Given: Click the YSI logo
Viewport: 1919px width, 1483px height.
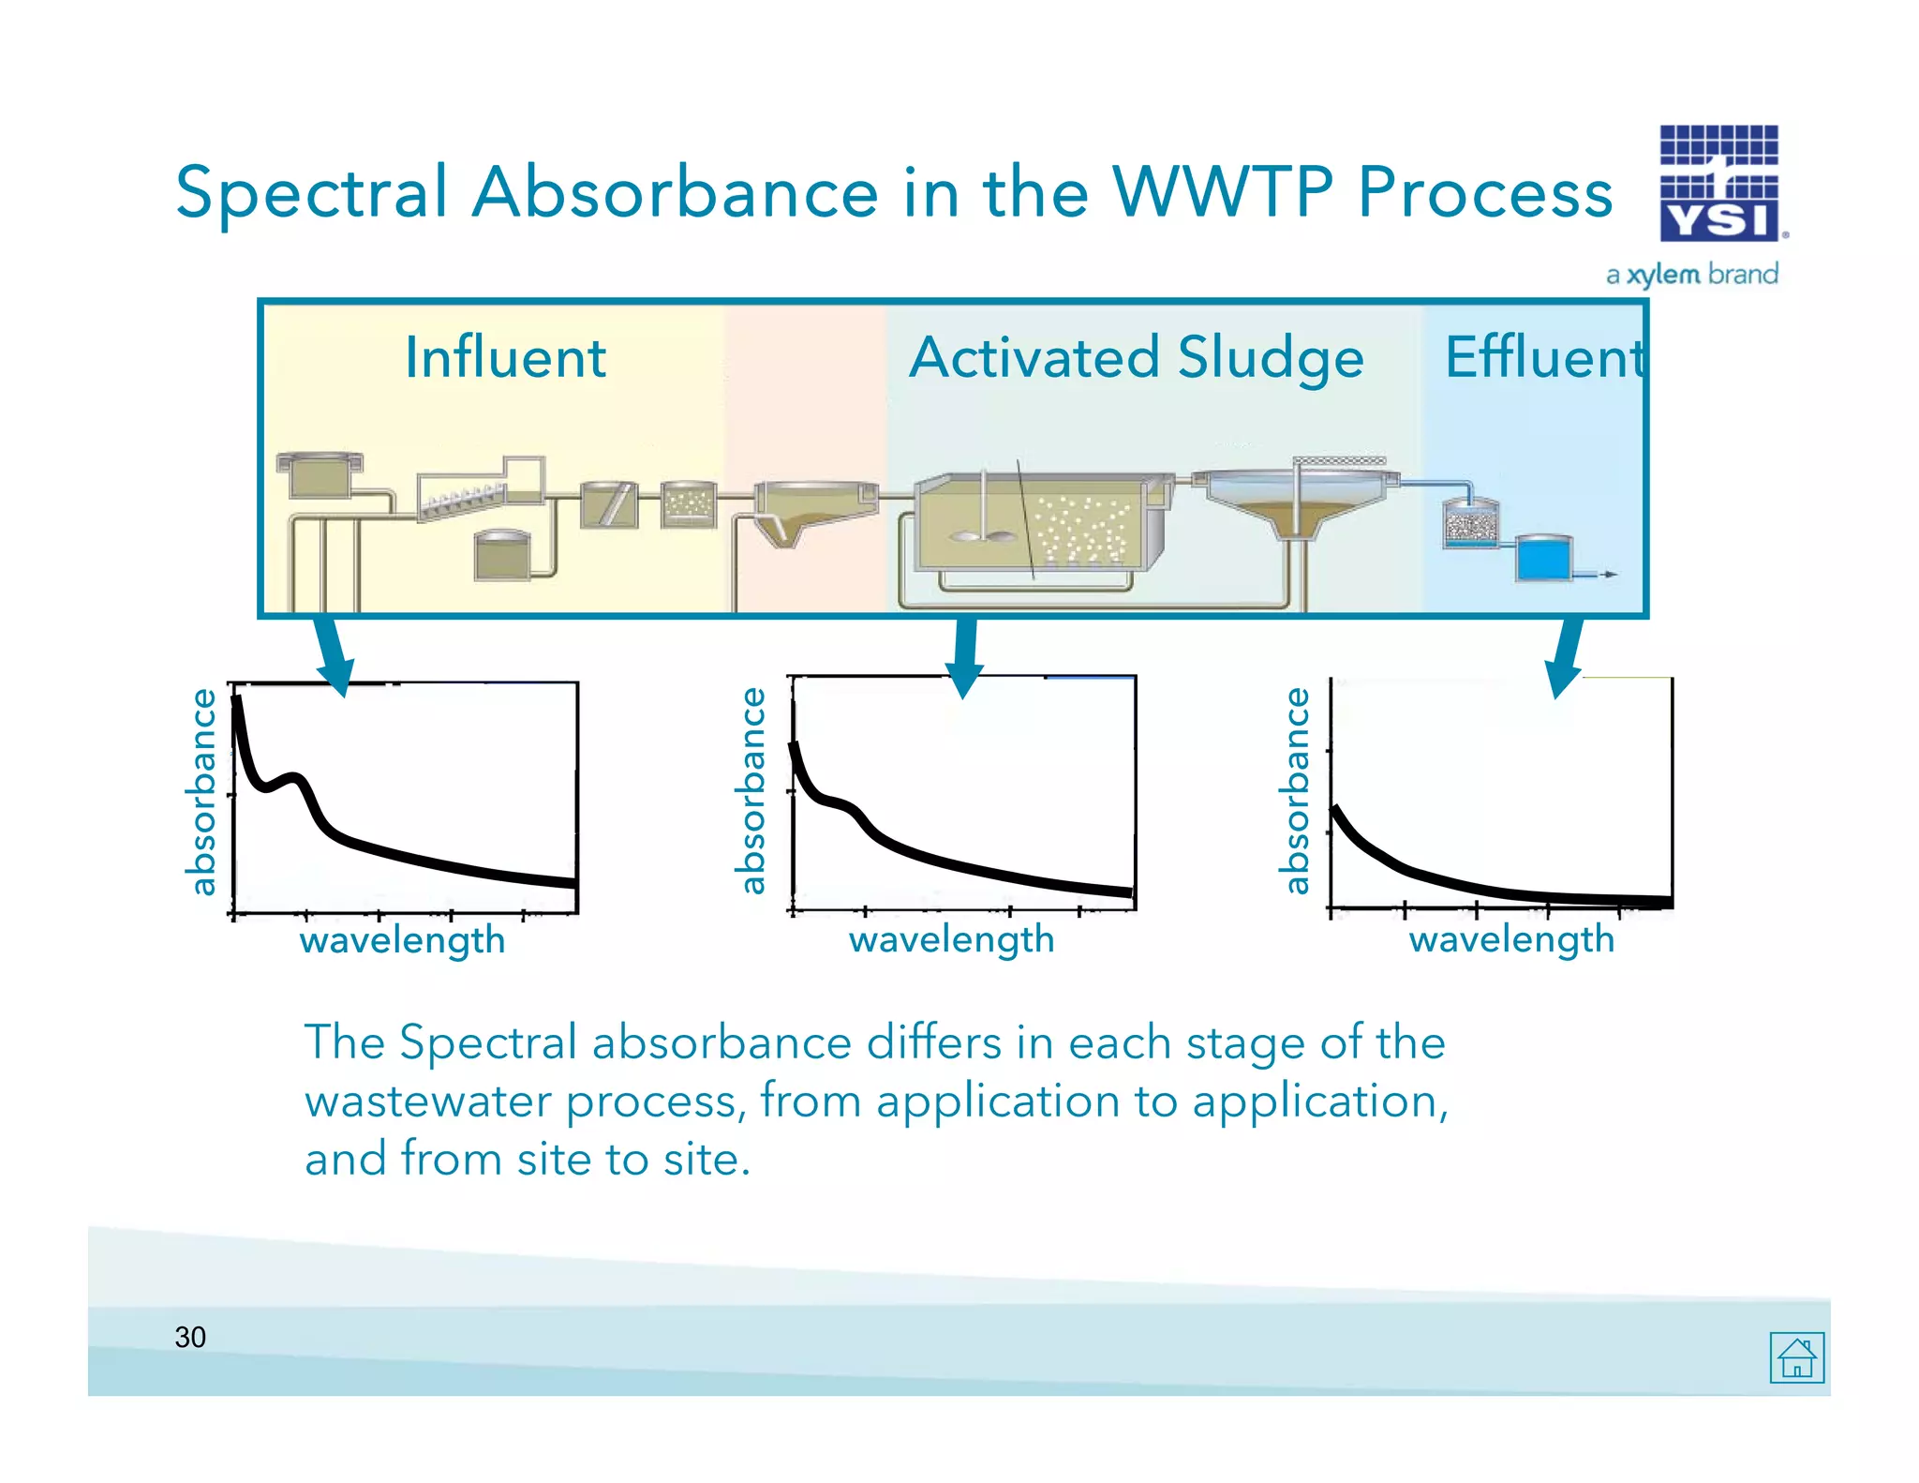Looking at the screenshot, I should (x=1718, y=184).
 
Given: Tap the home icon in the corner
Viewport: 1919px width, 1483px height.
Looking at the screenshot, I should (x=1796, y=1356).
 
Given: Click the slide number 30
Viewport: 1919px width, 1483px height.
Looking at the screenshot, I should (x=190, y=1337).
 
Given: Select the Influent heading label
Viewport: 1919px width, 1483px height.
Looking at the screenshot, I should (x=505, y=357).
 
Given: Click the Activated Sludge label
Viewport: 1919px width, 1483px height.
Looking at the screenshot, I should (x=1136, y=357).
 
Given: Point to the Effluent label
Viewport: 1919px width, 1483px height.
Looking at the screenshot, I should (x=1544, y=357).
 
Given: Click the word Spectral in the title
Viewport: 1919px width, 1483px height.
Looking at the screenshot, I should (x=311, y=192).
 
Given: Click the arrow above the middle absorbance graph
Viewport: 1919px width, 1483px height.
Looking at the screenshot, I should (x=965, y=656).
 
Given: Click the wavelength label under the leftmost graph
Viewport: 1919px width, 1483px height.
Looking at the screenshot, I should (x=402, y=940).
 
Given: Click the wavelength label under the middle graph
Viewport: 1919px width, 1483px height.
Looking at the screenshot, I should (x=951, y=939).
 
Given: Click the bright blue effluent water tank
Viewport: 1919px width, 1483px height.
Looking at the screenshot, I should (x=1542, y=558).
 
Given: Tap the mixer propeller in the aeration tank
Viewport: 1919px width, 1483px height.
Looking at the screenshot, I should (x=981, y=536).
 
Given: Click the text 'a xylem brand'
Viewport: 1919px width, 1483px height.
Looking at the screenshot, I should (x=1691, y=275).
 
